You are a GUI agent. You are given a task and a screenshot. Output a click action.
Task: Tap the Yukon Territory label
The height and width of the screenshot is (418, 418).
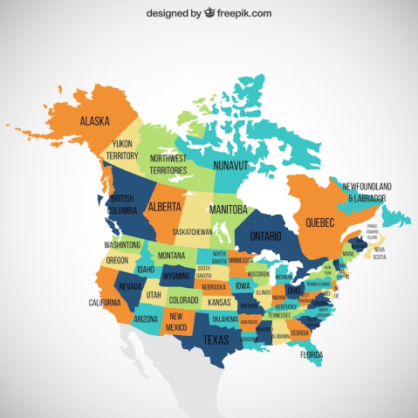123,150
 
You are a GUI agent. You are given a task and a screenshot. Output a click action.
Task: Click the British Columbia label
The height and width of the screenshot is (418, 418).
123,203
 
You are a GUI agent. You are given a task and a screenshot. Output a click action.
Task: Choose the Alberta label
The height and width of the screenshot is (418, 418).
165,208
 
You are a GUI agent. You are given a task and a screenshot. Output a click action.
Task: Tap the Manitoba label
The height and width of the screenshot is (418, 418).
230,209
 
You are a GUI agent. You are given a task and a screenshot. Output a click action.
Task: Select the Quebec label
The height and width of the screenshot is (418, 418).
319,223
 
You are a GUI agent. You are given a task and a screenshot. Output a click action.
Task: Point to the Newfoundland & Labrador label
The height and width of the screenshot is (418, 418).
367,192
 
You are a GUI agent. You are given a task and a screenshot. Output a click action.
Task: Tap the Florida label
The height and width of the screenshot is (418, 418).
311,354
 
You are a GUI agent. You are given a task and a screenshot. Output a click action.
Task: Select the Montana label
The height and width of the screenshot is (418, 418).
171,255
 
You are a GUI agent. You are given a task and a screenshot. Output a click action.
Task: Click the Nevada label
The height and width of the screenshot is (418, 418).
130,285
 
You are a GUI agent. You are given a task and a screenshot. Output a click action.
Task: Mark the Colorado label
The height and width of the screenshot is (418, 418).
183,301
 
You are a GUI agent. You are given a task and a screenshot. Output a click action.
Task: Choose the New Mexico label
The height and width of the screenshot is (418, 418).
177,320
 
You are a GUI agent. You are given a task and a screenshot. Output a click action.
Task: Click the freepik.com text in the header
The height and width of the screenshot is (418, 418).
240,13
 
